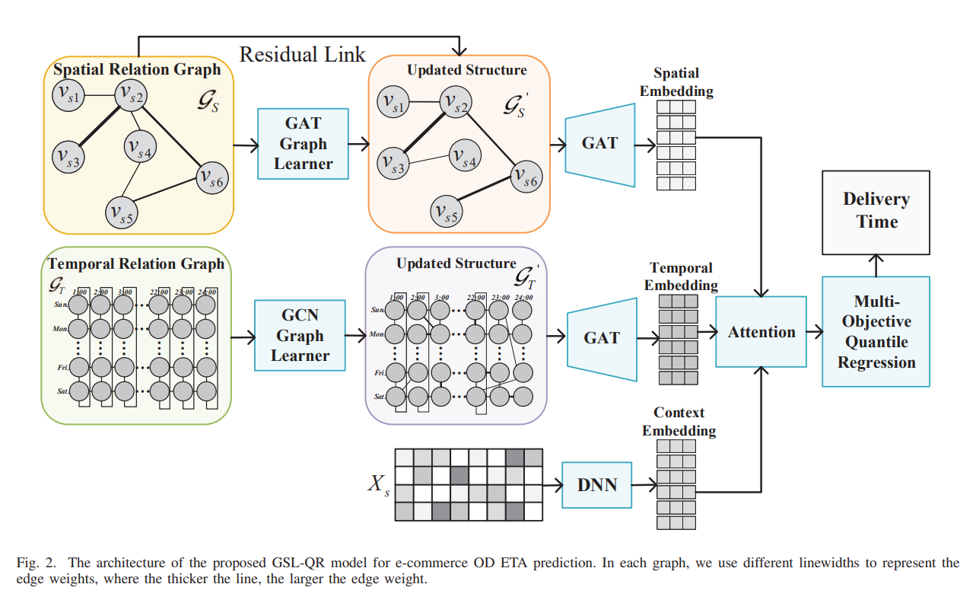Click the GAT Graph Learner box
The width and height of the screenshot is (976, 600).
pos(303,143)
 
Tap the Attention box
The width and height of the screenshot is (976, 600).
pos(761,332)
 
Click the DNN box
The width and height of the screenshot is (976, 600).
pos(596,484)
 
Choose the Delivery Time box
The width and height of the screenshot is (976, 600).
pos(876,211)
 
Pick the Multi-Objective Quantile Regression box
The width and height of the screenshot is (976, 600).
pos(876,332)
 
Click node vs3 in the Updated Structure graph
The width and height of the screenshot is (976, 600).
pos(393,162)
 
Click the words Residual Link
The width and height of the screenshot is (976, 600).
pos(303,54)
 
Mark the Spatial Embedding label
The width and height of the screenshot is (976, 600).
pos(676,82)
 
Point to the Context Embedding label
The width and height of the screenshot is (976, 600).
pos(679,422)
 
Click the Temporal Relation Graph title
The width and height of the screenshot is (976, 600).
pos(136,264)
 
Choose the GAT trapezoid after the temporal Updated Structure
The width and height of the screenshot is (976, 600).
pos(602,337)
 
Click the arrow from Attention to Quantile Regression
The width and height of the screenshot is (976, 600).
pos(814,332)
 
